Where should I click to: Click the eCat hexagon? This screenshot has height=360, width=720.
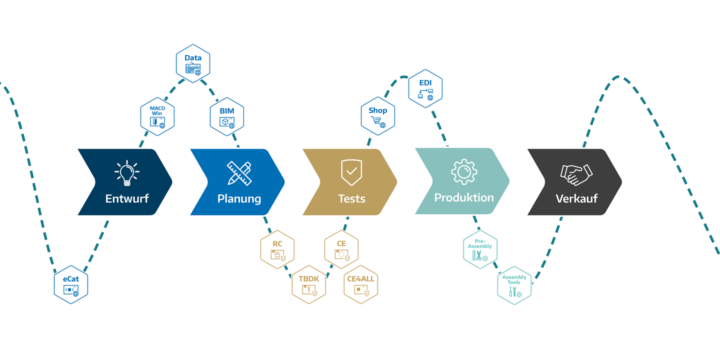71,286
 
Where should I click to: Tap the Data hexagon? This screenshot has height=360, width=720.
193,63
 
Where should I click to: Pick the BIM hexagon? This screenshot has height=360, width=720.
227,117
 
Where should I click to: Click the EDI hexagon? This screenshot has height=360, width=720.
425,88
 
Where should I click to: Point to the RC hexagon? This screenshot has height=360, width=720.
277,250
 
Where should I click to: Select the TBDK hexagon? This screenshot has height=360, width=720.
309,285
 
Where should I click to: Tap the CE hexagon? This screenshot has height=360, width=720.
341,249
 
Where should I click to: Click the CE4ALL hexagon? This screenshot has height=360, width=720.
361,285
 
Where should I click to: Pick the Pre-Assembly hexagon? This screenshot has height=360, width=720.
480,250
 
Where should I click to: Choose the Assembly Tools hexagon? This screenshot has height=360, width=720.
514,285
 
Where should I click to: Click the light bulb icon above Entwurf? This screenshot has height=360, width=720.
127,172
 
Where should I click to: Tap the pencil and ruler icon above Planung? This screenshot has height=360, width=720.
239,172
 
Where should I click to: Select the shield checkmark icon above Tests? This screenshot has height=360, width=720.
351,172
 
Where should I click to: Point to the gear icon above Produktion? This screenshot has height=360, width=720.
464,171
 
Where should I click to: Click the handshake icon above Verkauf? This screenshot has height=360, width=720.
576,173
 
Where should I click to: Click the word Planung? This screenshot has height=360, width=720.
239,199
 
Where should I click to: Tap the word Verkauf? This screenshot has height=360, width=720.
576,199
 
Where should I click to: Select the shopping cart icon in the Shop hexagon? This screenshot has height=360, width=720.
376,120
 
